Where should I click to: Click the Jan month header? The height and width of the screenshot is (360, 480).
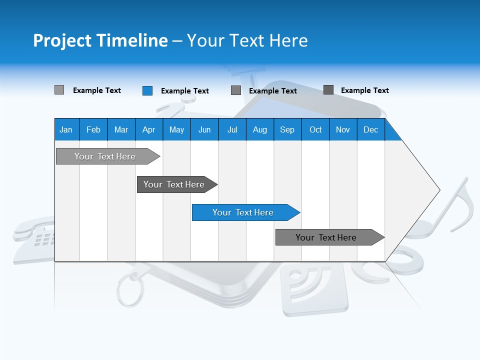point(66,129)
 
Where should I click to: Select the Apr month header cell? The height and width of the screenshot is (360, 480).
point(148,129)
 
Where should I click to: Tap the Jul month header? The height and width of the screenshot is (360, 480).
point(232,129)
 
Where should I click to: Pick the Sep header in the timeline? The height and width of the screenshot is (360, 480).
point(287,129)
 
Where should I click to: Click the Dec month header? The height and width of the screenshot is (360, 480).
point(370,129)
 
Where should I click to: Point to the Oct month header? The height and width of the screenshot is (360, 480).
point(315,129)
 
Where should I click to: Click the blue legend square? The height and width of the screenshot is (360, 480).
point(147,90)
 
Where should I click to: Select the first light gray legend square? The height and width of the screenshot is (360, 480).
point(59,90)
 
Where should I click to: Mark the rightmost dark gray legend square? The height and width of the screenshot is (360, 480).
point(328,90)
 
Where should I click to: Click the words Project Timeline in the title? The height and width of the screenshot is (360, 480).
point(100,40)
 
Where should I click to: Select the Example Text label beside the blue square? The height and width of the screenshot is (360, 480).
point(184,91)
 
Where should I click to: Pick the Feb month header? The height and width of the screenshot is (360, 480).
point(93,129)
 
